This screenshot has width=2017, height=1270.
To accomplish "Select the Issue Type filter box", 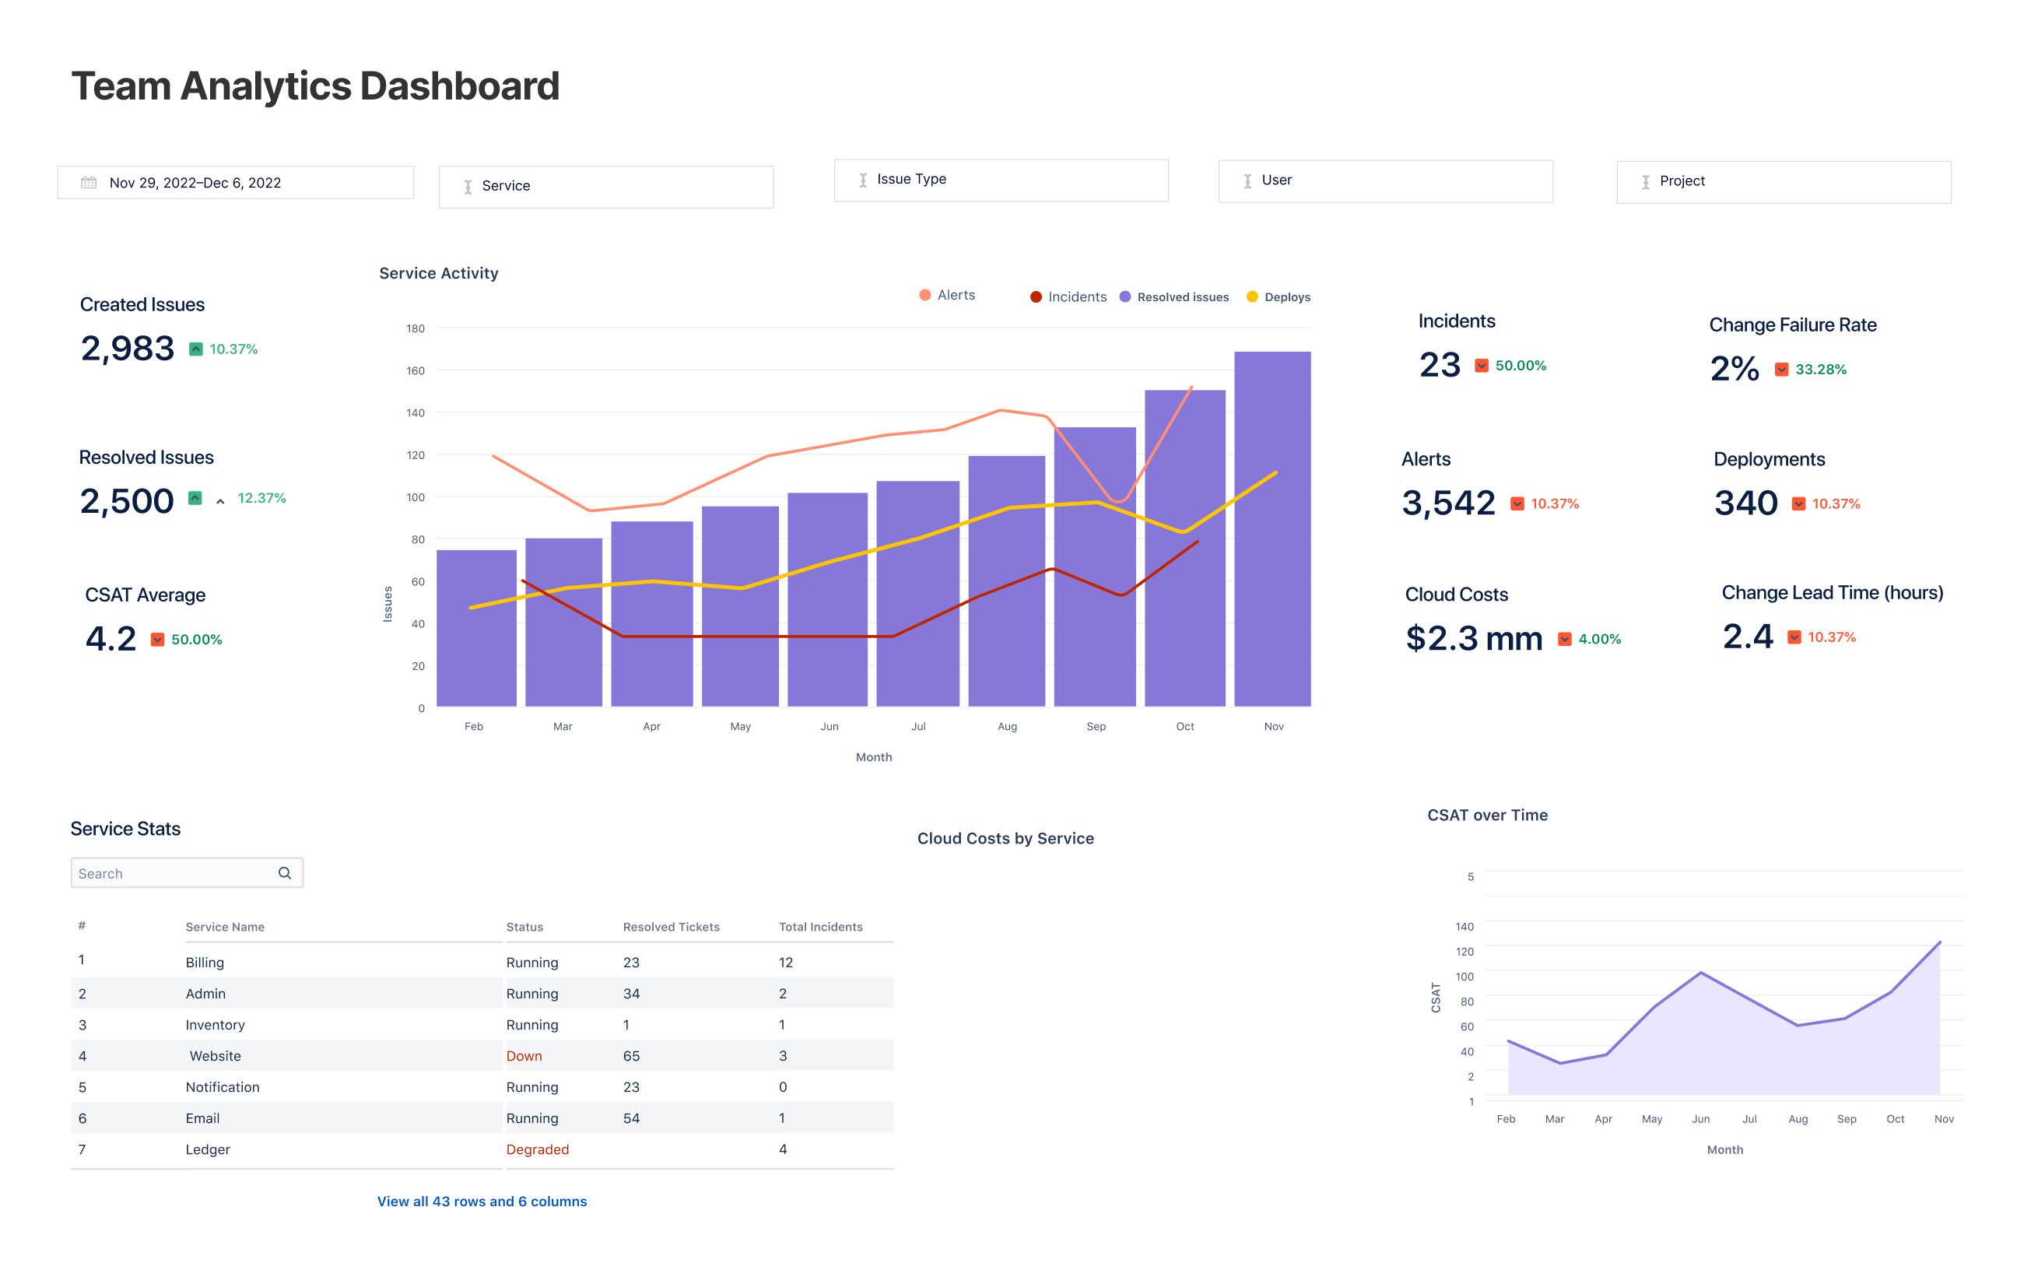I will [x=1000, y=180].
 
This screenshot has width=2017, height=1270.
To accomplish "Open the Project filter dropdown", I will [x=1783, y=182].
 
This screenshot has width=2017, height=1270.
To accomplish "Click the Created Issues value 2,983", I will [x=128, y=349].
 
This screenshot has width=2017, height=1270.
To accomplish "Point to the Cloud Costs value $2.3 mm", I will [x=1473, y=639].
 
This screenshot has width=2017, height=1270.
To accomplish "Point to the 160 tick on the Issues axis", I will [x=416, y=370].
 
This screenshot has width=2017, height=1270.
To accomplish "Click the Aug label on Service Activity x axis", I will [x=1007, y=726].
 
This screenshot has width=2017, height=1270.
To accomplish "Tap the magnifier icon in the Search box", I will [x=285, y=873].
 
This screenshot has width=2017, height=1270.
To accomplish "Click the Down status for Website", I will [x=524, y=1055].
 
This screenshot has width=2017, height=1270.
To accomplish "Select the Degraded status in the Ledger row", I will [x=537, y=1149].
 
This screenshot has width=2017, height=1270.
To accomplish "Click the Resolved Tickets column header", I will [x=671, y=927].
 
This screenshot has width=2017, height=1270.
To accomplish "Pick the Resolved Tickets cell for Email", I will [x=631, y=1118].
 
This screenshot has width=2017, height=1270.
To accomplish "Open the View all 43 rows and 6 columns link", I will [x=482, y=1202].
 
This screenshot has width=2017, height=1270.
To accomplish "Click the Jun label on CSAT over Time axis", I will [x=1700, y=1119].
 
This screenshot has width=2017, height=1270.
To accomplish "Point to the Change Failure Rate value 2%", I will [x=1734, y=370].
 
